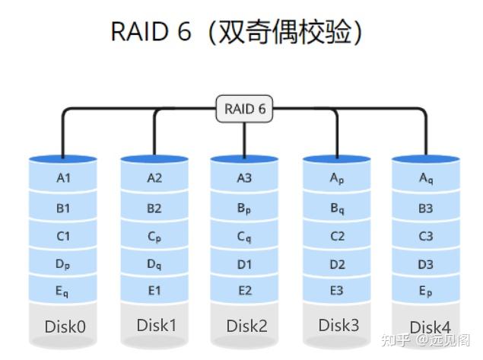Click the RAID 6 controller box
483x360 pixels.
click(244, 109)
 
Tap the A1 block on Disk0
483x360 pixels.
click(63, 179)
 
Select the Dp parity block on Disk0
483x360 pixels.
click(63, 263)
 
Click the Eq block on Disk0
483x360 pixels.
click(63, 291)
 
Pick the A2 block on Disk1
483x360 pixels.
click(154, 179)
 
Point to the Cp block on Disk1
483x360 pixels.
click(154, 236)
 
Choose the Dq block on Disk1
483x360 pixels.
click(154, 264)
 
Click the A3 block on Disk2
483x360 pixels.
click(244, 179)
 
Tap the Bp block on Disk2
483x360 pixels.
click(244, 208)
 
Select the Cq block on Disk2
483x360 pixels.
click(244, 236)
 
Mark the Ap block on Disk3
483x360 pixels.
click(337, 179)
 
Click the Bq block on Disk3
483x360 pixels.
click(337, 208)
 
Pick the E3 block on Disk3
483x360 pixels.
click(337, 291)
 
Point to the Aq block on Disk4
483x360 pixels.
click(426, 179)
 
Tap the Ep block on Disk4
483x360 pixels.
click(426, 291)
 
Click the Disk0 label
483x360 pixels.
click(65, 327)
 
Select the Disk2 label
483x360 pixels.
click(246, 326)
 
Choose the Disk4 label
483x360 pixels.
click(431, 327)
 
